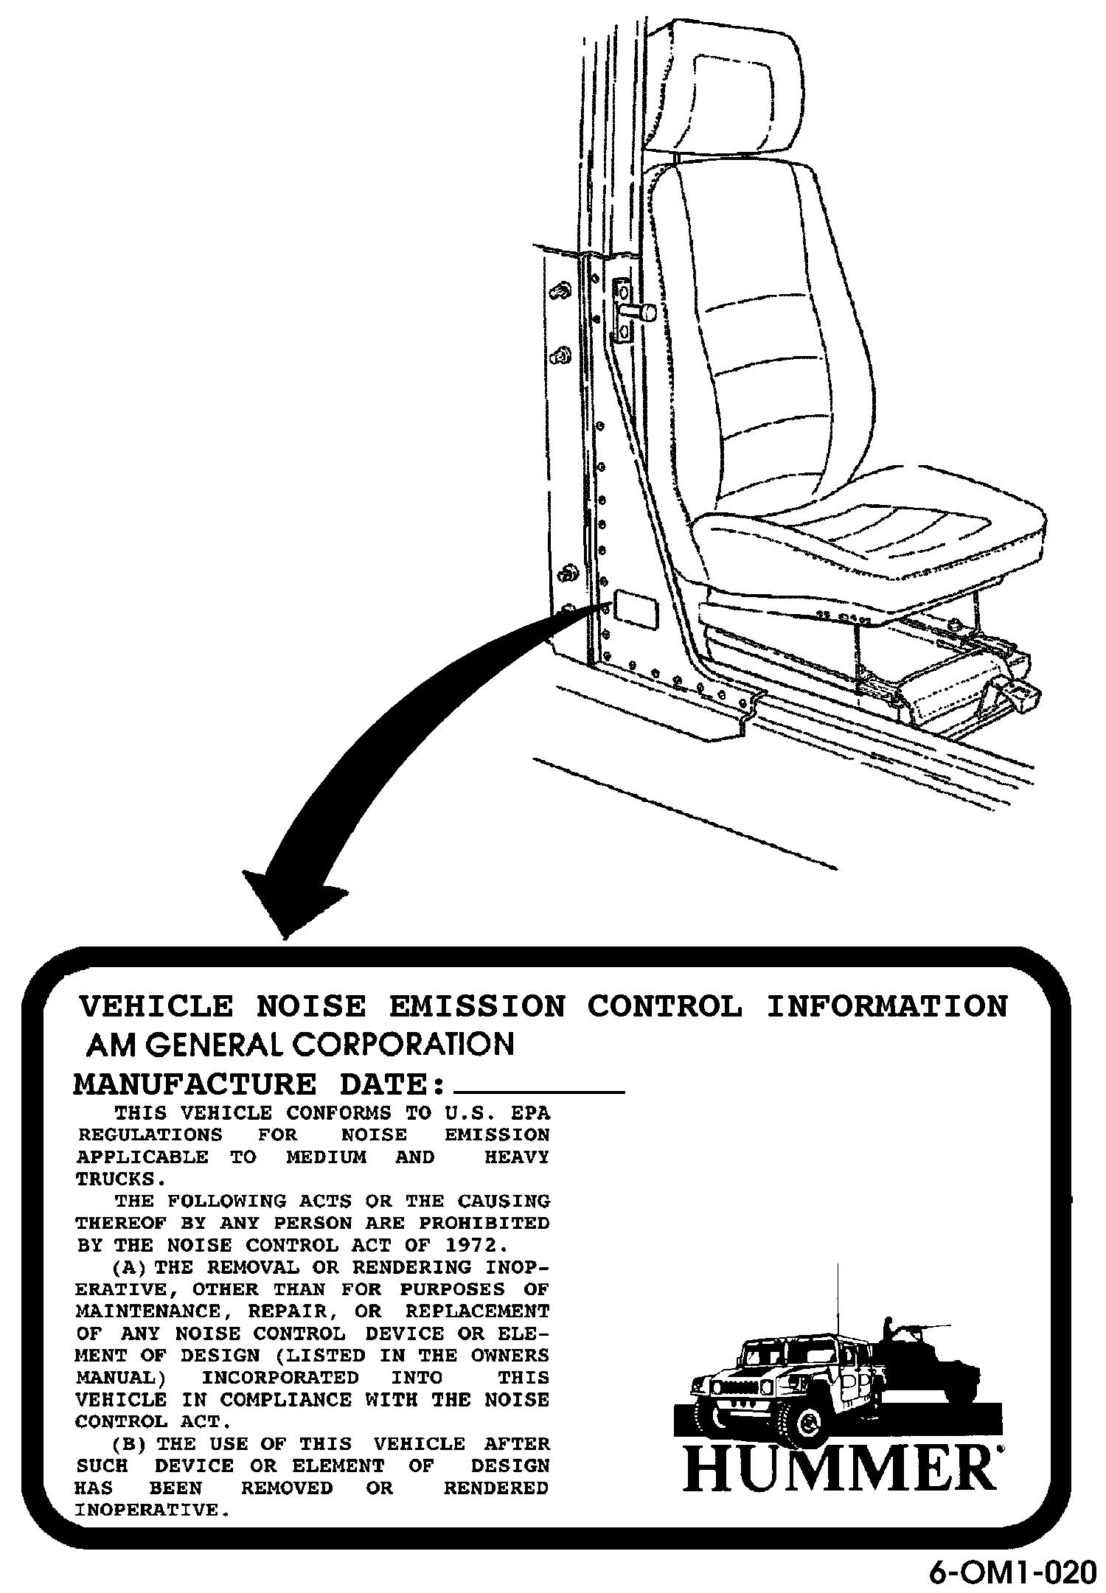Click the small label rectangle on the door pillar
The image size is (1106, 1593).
point(636,610)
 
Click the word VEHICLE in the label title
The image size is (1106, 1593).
point(156,1006)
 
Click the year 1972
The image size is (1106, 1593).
point(476,1246)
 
